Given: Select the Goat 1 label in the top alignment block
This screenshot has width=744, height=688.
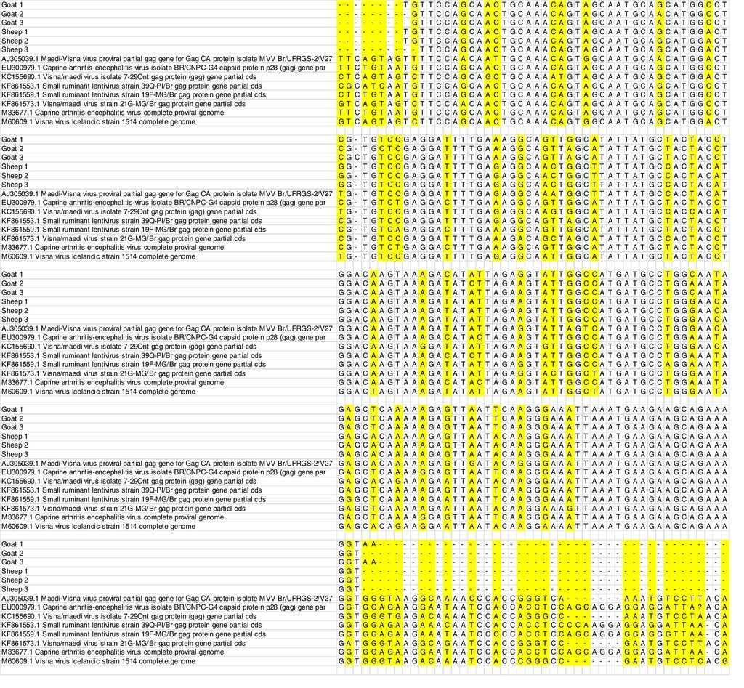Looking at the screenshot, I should point(12,5).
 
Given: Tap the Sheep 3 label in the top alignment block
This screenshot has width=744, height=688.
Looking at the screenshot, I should point(15,50).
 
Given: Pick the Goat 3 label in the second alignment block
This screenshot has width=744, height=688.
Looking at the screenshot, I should point(12,158).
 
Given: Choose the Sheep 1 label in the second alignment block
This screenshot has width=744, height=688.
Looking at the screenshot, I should point(15,166).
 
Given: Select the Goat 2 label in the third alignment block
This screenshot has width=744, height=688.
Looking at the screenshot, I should point(12,283).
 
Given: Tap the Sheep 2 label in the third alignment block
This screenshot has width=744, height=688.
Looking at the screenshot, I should point(15,310).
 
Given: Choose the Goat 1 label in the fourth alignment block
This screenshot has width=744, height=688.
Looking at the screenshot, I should point(12,410).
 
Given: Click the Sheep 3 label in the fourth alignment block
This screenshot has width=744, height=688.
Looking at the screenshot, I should point(15,454).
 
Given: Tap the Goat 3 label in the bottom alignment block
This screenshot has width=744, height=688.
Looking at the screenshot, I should point(12,562).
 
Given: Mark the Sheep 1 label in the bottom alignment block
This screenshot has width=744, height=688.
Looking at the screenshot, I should point(15,571).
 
